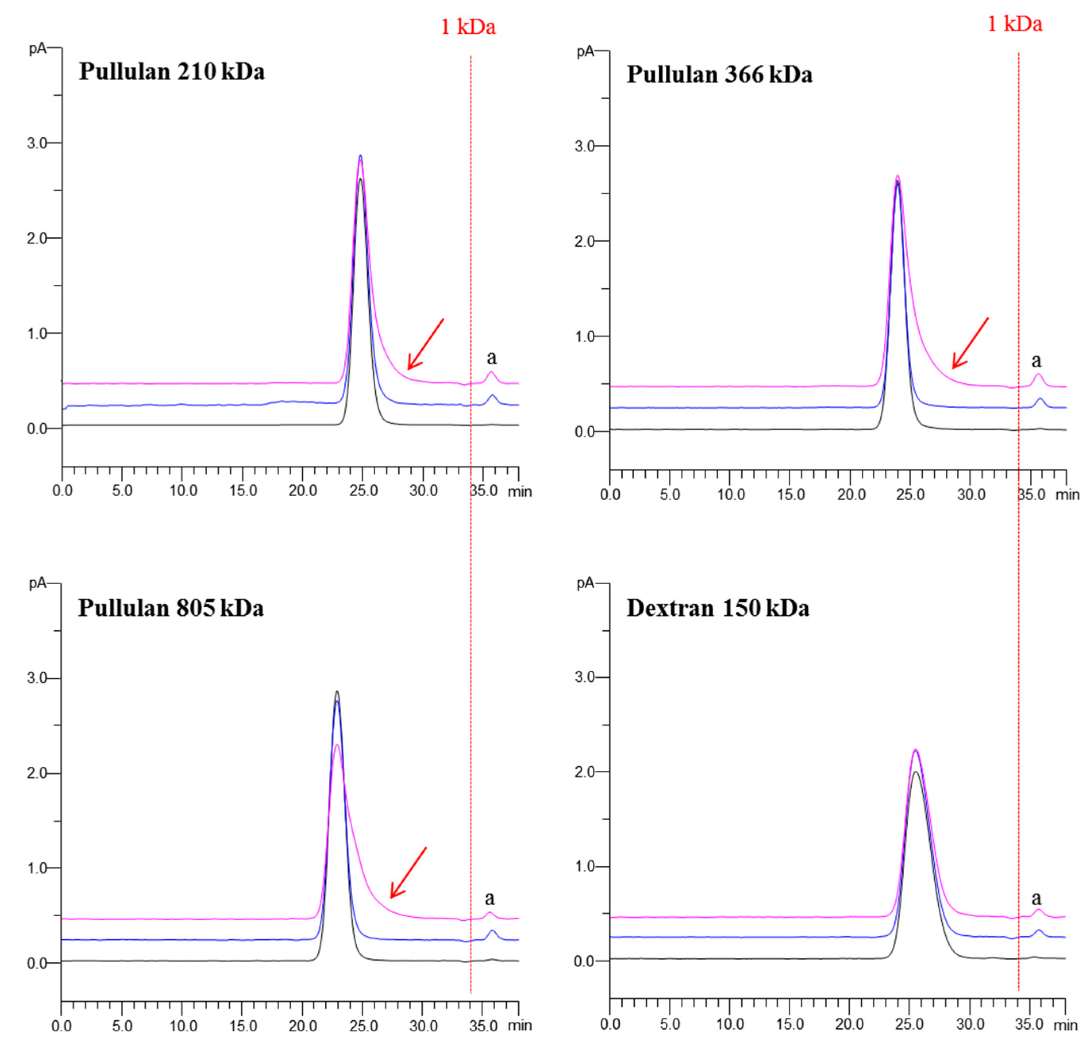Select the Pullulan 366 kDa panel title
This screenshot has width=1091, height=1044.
point(719,75)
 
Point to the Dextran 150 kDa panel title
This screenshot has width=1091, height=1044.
point(718,608)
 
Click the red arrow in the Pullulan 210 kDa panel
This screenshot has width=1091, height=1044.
point(425,344)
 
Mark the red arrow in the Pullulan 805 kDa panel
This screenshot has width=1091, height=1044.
point(408,873)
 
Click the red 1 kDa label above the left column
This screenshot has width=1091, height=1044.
point(468,27)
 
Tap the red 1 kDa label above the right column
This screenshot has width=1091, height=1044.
point(1014,24)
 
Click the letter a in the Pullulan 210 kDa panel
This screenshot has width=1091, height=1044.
point(492,357)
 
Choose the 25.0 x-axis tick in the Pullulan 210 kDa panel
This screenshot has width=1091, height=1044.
point(363,491)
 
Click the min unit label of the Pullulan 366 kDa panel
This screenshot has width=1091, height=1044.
point(1067,494)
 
